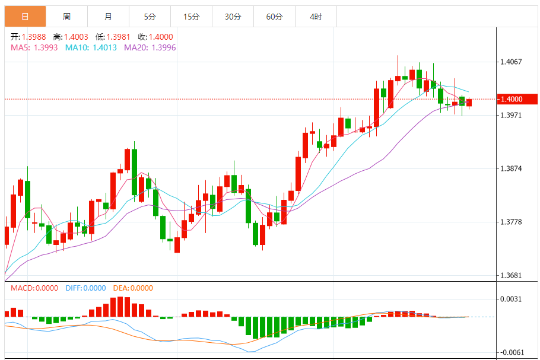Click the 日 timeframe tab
[25, 17]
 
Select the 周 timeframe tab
[66, 17]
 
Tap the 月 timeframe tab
[108, 17]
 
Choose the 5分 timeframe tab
[150, 17]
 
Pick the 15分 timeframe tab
[191, 17]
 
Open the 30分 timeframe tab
[233, 17]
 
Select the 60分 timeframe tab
[274, 17]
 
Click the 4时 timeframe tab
[316, 17]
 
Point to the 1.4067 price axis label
[512, 61]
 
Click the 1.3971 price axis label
[512, 115]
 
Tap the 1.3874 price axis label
[512, 168]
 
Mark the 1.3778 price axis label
[512, 222]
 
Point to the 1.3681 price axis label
[512, 275]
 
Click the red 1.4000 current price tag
[514, 99]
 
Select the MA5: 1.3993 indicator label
[34, 47]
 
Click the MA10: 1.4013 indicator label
[91, 47]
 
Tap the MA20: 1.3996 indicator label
[150, 47]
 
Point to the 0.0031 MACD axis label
[512, 299]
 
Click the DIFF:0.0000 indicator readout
[85, 288]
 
